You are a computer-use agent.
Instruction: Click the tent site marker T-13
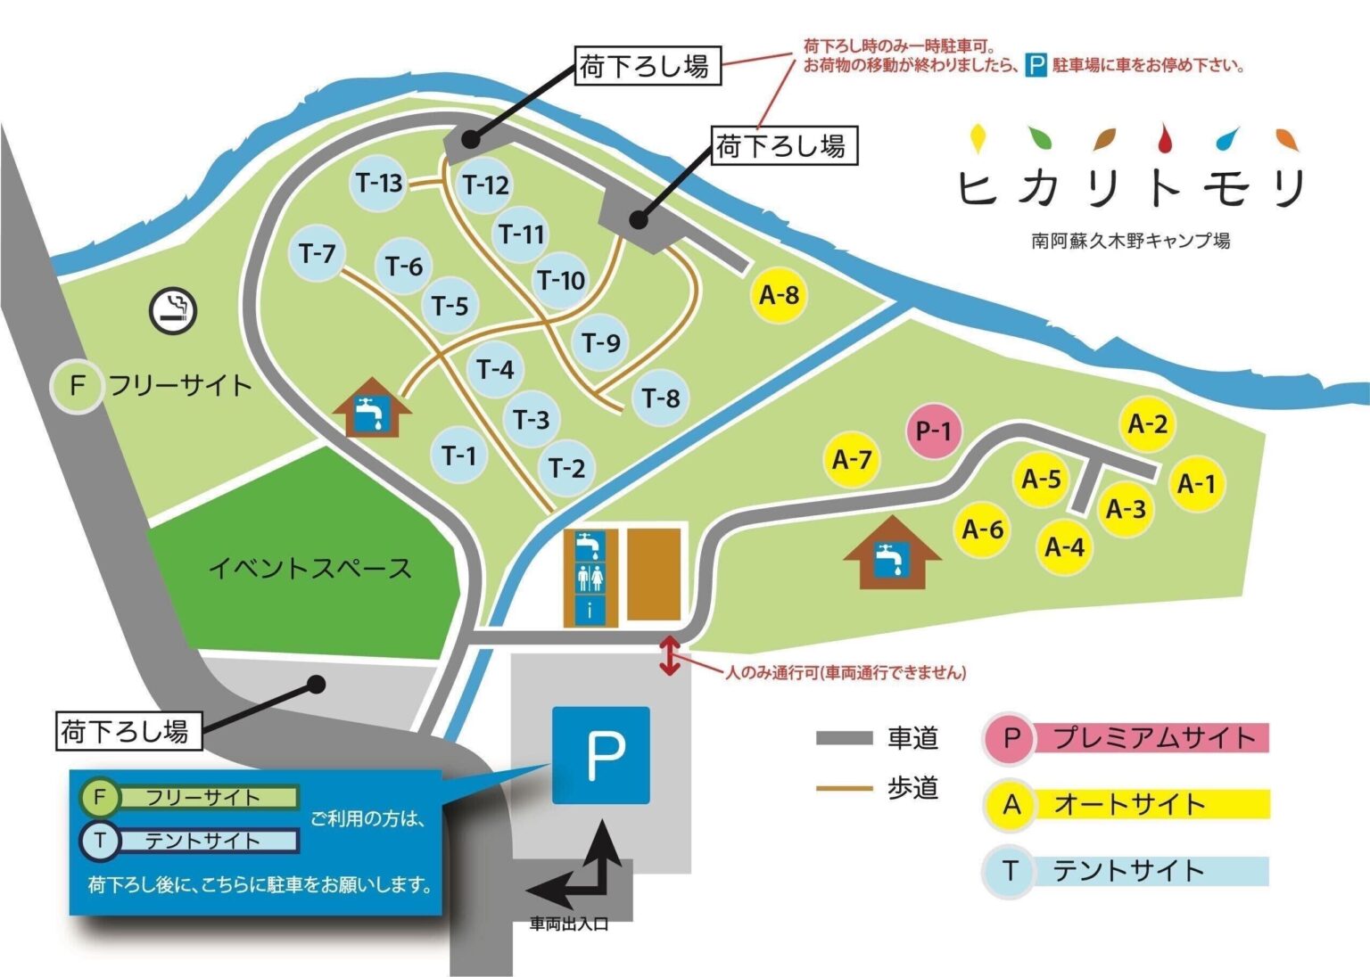pyautogui.click(x=379, y=184)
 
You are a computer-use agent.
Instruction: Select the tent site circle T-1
pyautogui.click(x=459, y=456)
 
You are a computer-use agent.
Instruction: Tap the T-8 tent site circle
pyautogui.click(x=661, y=398)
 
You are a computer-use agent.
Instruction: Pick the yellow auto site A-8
pyautogui.click(x=779, y=294)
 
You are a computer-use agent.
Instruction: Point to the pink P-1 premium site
pyautogui.click(x=934, y=431)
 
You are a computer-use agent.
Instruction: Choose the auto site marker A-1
pyautogui.click(x=1196, y=484)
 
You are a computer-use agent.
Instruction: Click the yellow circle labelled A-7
pyautogui.click(x=852, y=460)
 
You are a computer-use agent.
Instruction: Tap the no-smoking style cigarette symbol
pyautogui.click(x=172, y=310)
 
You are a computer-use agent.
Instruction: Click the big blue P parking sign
pyautogui.click(x=601, y=755)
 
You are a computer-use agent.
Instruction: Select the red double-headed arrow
pyautogui.click(x=669, y=656)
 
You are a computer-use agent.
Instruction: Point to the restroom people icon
pyautogui.click(x=590, y=579)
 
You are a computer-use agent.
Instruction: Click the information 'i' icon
pyautogui.click(x=590, y=612)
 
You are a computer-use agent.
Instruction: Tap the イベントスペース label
pyautogui.click(x=309, y=568)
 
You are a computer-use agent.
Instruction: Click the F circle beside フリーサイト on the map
pyautogui.click(x=78, y=387)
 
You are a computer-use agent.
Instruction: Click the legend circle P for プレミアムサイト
pyautogui.click(x=1011, y=738)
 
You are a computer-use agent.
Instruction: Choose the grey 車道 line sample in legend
pyautogui.click(x=844, y=738)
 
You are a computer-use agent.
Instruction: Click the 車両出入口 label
pyautogui.click(x=569, y=924)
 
